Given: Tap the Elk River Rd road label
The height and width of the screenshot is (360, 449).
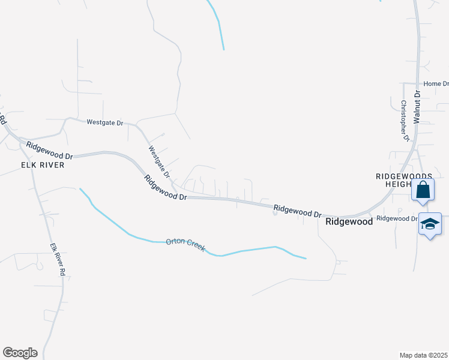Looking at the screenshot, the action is [x=57, y=259].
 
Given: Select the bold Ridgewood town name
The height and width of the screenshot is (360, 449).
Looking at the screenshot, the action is [x=349, y=221].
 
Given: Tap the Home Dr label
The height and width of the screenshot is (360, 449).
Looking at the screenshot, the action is [x=436, y=84].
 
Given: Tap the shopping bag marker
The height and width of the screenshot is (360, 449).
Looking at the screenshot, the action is [x=423, y=190].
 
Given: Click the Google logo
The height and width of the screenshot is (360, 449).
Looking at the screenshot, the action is [x=20, y=353].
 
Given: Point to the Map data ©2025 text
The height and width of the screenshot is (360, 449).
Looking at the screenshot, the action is [x=423, y=355].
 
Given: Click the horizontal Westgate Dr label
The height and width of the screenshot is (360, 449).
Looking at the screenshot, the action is [x=104, y=122].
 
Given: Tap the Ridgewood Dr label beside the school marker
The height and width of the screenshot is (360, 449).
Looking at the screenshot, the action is [x=396, y=218].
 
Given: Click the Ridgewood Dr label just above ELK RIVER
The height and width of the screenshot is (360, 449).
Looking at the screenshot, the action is [x=49, y=150].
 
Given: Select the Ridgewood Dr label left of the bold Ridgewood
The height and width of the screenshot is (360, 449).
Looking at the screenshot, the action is [x=298, y=211].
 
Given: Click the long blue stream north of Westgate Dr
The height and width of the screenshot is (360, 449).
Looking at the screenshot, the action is [x=217, y=24].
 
